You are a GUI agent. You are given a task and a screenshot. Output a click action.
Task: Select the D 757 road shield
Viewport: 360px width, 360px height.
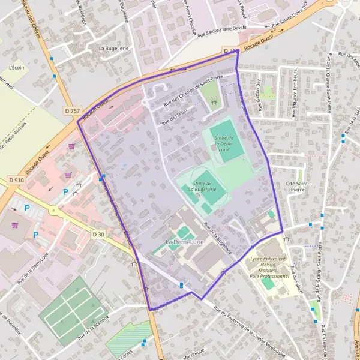point(72,111)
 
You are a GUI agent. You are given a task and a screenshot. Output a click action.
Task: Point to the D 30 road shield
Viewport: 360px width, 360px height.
point(99,234)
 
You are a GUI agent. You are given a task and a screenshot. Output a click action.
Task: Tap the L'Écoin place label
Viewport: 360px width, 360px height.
point(16,68)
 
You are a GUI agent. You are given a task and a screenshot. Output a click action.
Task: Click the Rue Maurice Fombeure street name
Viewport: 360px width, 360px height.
point(295,91)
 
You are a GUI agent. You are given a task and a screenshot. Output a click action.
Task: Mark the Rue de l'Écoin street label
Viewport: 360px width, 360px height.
point(175,113)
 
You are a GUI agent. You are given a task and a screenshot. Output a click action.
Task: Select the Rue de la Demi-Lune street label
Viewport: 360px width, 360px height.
point(41,266)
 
